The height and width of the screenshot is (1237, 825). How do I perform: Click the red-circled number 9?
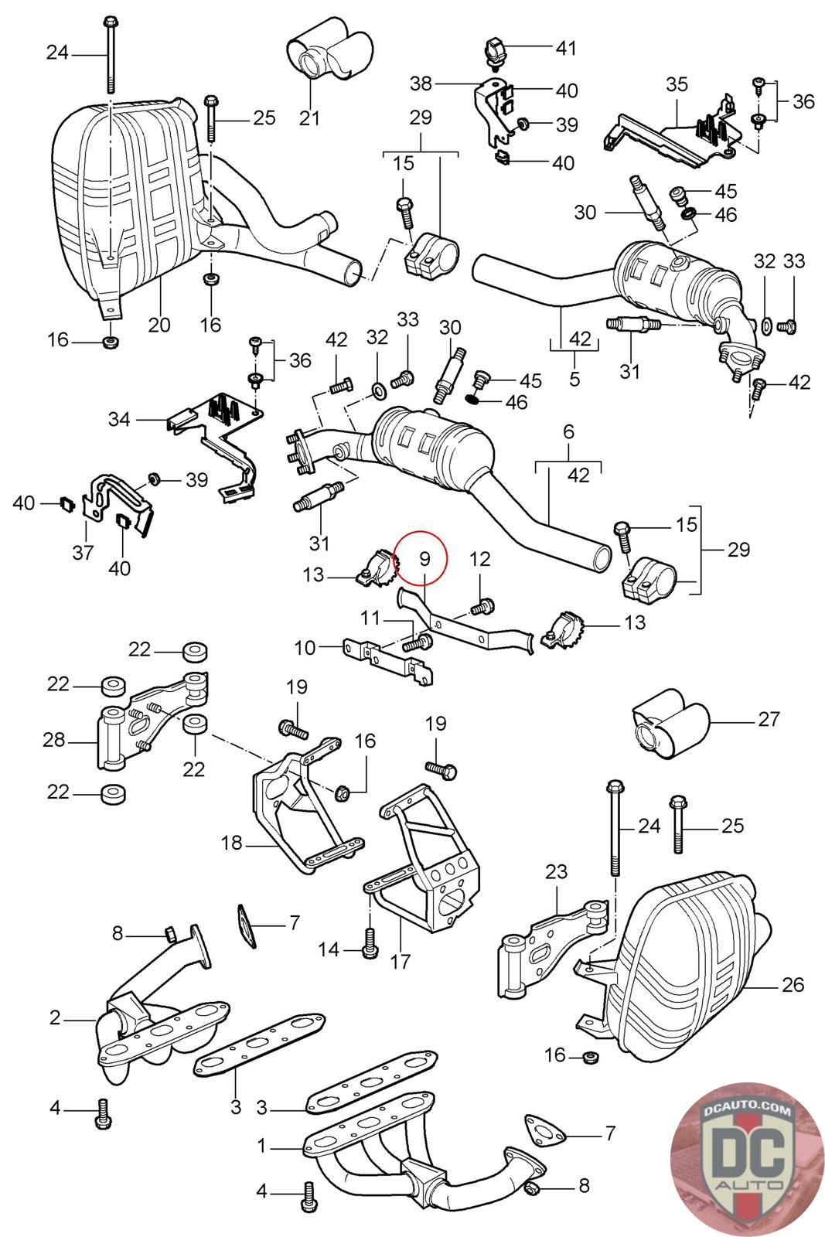pyautogui.click(x=424, y=557)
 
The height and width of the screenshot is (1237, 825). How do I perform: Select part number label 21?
pyautogui.click(x=310, y=118)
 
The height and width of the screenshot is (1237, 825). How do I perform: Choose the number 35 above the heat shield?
pyautogui.click(x=677, y=84)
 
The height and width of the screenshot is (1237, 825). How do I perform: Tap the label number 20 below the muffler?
pyautogui.click(x=159, y=324)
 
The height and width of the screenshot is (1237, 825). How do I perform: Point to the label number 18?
pyautogui.click(x=232, y=843)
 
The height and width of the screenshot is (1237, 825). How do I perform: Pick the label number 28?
pyautogui.click(x=54, y=741)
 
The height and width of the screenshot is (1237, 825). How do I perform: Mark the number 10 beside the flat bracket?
pyautogui.click(x=305, y=646)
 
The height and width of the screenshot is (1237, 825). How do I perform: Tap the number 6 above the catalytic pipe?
pyautogui.click(x=568, y=432)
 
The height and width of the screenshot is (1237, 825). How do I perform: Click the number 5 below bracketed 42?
pyautogui.click(x=574, y=380)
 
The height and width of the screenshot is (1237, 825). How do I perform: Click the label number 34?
pyautogui.click(x=119, y=420)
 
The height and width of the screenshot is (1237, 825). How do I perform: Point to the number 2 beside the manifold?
pyautogui.click(x=55, y=1017)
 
